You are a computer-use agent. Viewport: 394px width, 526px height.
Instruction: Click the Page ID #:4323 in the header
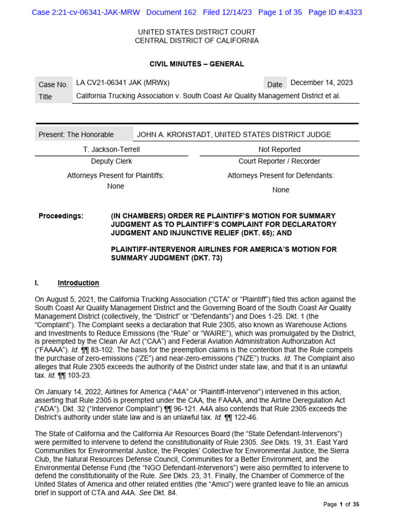coord(334,12)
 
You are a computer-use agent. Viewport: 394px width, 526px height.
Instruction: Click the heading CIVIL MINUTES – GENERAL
coord(196,64)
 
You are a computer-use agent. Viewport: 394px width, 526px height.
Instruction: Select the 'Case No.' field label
coord(53,84)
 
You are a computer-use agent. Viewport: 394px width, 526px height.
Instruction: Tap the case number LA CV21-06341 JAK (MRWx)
coord(123,83)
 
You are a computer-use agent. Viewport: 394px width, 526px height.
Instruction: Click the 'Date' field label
coord(274,84)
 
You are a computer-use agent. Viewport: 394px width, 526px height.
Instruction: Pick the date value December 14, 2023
coord(322,83)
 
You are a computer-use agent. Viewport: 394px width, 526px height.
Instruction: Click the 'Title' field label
coord(45,97)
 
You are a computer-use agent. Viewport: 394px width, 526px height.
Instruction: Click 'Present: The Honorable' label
coord(76,135)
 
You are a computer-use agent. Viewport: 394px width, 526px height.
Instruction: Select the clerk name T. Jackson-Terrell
coord(111,149)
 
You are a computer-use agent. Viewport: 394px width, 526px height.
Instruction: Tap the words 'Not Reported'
coord(280,149)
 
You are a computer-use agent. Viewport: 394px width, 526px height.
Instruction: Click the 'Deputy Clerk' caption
coord(111,161)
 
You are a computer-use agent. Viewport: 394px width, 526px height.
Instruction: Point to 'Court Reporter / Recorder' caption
coord(280,161)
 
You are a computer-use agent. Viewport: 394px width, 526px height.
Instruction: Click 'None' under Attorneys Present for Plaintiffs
coord(115,186)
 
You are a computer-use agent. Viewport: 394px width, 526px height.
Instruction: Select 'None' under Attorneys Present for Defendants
coord(281,190)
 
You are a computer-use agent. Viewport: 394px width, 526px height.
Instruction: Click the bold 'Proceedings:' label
coord(61,216)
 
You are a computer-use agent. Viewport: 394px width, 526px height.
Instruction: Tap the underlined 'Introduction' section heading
coord(78,283)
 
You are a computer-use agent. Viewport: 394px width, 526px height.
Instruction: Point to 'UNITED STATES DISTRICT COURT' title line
coord(196,32)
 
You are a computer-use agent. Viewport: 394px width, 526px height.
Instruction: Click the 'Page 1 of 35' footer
coord(341,504)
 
